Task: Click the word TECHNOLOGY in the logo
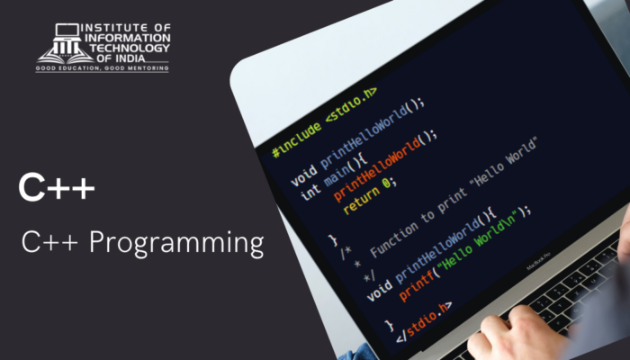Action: pyautogui.click(x=130, y=49)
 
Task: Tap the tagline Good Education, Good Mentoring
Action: pyautogui.click(x=102, y=68)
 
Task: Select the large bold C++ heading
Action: pyautogui.click(x=57, y=187)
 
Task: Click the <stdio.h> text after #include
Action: pyautogui.click(x=351, y=105)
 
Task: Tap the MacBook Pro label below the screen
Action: pyautogui.click(x=538, y=261)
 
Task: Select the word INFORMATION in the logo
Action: pyautogui.click(x=128, y=38)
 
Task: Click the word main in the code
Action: pyautogui.click(x=337, y=174)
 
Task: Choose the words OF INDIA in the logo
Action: pyautogui.click(x=121, y=58)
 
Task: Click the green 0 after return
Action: pyautogui.click(x=386, y=184)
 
